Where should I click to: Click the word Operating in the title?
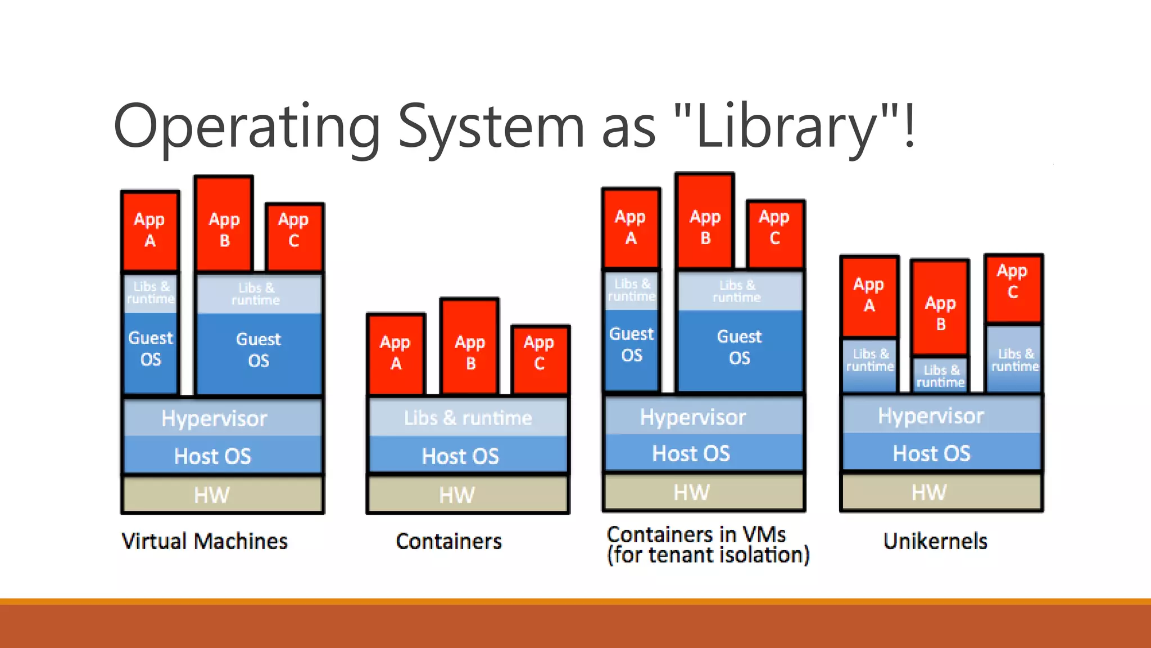point(247,127)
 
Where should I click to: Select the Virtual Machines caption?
point(205,541)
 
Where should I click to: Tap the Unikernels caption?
point(935,541)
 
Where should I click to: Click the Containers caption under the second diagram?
point(448,541)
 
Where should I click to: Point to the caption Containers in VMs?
point(696,534)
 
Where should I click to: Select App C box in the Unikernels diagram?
point(1013,288)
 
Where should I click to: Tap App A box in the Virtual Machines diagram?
point(150,231)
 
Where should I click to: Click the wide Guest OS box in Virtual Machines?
point(259,352)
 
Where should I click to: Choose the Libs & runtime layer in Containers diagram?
point(468,417)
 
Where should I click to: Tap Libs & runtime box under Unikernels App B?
point(941,375)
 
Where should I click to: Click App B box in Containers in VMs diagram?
point(705,222)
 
